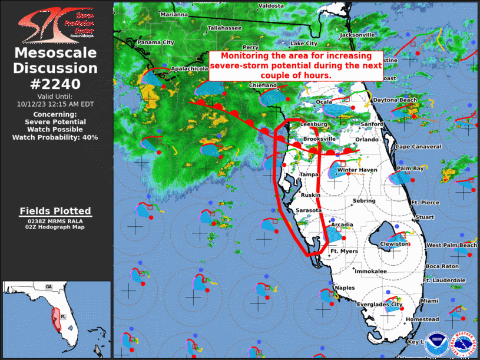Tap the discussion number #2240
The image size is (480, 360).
point(55,83)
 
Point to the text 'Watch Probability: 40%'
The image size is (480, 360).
point(55,137)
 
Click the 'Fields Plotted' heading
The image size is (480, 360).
point(55,210)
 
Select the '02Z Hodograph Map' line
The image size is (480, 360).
point(55,227)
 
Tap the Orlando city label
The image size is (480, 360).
point(366,140)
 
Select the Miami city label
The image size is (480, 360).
point(429,301)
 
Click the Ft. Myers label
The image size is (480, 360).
point(343,252)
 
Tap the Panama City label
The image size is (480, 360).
point(155,42)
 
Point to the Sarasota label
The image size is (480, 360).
point(309,210)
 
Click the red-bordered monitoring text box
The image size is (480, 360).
point(288,66)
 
